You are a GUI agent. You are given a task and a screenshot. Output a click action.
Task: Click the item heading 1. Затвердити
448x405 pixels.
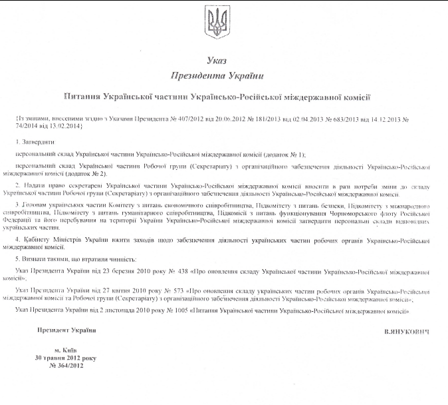point(34,142)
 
